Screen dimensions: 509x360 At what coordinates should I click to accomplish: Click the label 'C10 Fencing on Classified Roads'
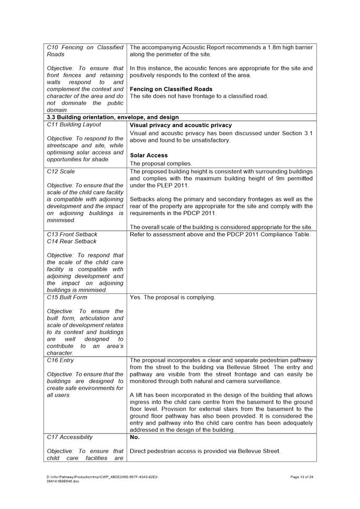85,51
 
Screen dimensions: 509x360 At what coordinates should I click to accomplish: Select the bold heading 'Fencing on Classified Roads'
171,89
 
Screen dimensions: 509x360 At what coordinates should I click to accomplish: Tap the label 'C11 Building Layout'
73,124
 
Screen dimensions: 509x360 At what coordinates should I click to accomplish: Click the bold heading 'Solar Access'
149,155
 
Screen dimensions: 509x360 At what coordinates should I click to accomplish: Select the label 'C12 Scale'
61,171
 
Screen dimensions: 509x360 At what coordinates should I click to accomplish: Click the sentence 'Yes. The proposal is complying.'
173,297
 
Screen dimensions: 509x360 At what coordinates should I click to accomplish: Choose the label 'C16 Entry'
61,360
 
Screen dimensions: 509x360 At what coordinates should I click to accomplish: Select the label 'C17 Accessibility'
70,437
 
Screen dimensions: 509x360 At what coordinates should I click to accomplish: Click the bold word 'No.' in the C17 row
135,437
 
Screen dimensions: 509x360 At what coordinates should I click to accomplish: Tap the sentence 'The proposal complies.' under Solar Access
161,164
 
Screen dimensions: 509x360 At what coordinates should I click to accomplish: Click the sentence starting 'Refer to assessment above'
220,234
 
